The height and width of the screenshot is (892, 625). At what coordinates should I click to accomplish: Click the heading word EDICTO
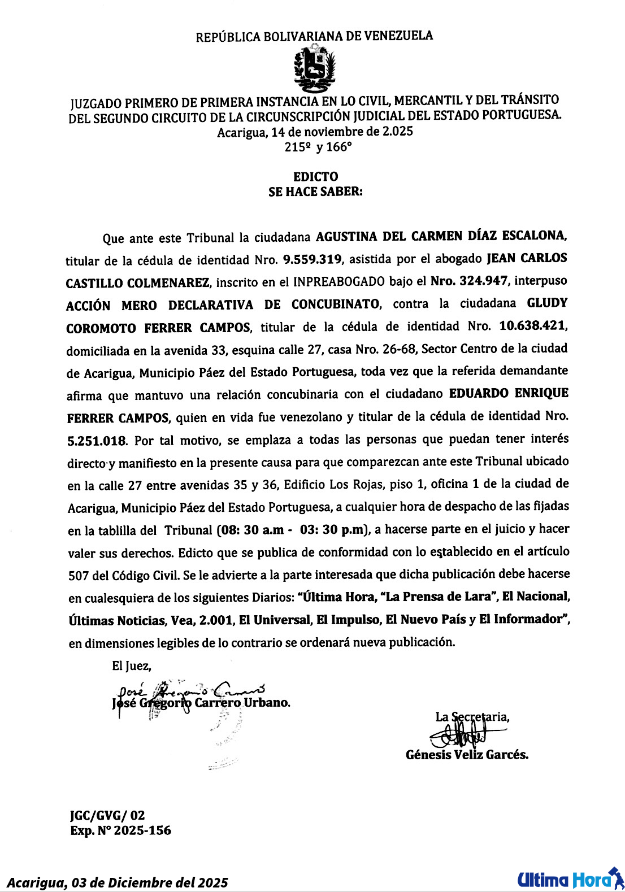point(315,177)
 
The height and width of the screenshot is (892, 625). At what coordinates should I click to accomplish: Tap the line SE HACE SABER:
point(315,192)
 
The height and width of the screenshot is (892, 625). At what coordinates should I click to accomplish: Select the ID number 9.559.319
point(312,259)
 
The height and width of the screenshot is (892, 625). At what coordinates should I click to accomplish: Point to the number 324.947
point(483,281)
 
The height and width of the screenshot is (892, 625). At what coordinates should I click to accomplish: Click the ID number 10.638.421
point(533,326)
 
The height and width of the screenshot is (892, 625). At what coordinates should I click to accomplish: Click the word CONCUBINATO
point(335,304)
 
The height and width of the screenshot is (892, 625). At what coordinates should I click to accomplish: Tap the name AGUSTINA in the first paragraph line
point(346,236)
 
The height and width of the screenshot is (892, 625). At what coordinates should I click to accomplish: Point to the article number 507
point(78,576)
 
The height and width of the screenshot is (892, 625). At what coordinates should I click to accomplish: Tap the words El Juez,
point(131,666)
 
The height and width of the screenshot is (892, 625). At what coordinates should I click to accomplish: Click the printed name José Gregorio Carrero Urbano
point(201,703)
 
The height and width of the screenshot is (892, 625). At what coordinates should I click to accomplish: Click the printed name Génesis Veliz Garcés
point(467,755)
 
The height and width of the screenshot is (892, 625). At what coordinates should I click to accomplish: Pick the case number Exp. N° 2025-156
point(120,830)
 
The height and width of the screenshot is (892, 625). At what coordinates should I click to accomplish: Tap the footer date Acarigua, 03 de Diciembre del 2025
point(118,882)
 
